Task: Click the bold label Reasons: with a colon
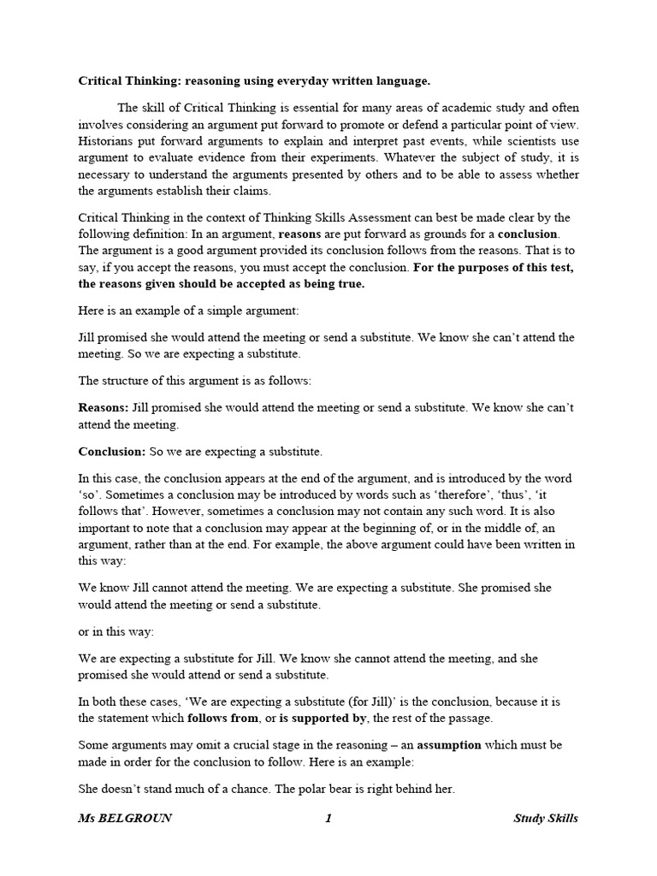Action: [104, 407]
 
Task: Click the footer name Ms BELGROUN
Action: [125, 819]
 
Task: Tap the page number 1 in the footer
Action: [328, 819]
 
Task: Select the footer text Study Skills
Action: [545, 819]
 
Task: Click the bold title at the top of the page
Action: [254, 81]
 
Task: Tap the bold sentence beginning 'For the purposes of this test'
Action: [325, 275]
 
